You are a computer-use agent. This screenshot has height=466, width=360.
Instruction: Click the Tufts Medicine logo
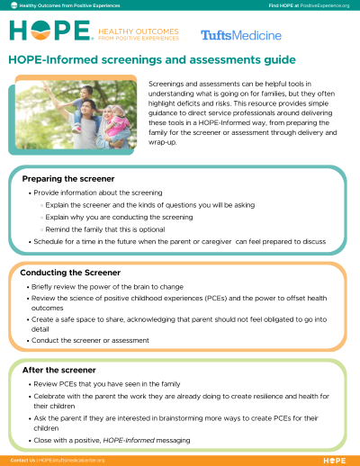click(x=240, y=35)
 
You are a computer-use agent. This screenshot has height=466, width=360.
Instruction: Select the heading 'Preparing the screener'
click(x=62, y=179)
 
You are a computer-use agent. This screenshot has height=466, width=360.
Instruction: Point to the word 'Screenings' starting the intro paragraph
click(x=167, y=83)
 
